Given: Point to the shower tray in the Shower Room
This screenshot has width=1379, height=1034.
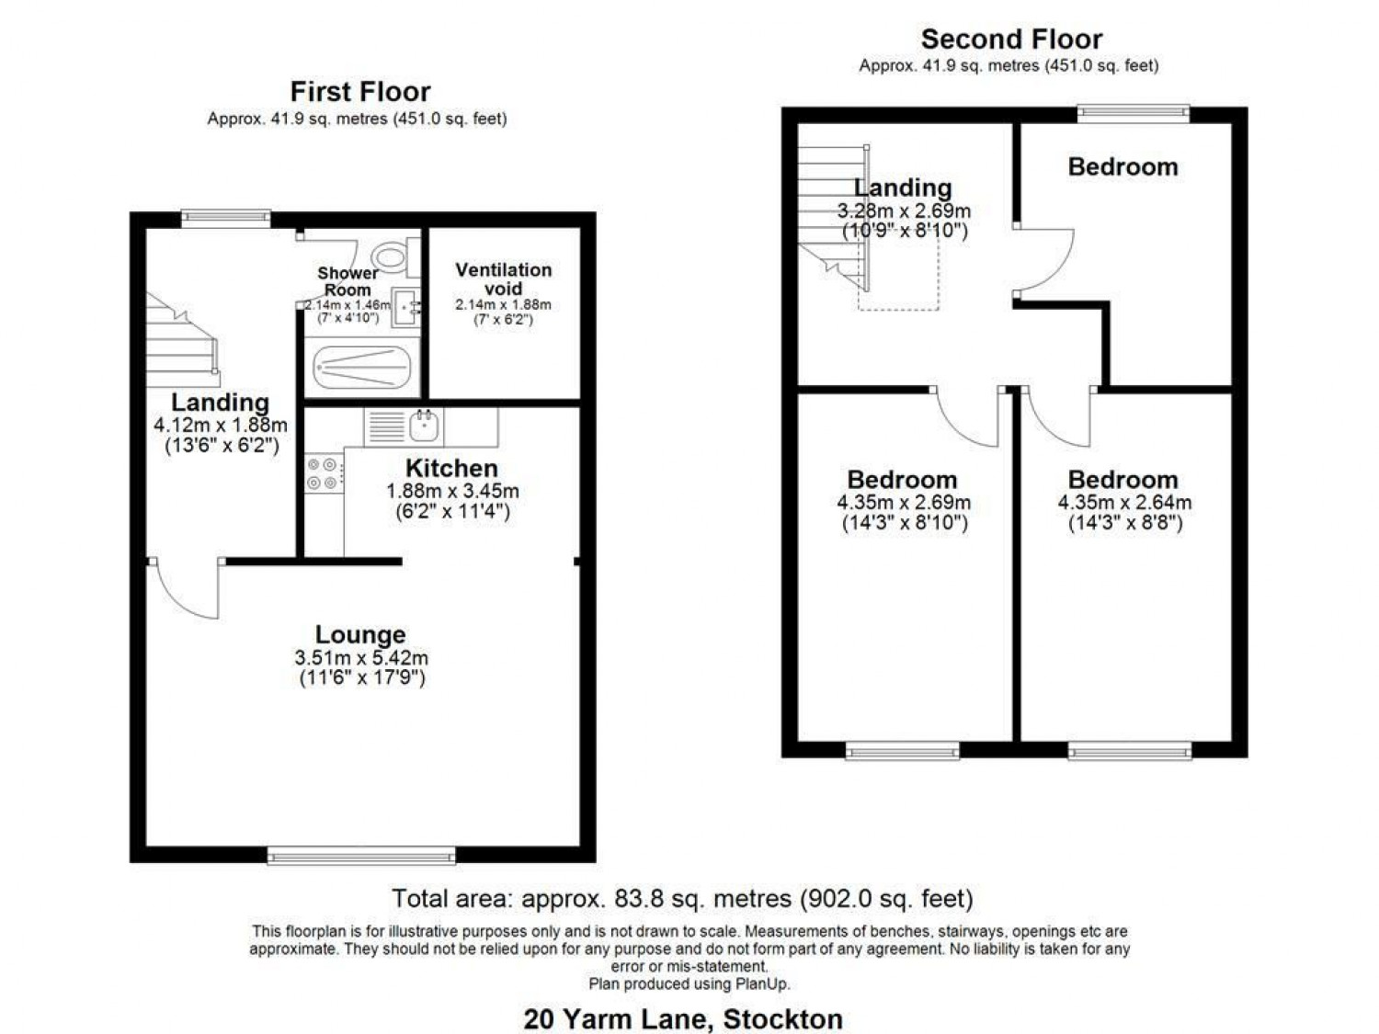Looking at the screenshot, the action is [362, 367].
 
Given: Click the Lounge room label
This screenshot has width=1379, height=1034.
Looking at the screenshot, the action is [360, 634].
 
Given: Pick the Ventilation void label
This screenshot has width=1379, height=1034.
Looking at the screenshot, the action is [503, 278].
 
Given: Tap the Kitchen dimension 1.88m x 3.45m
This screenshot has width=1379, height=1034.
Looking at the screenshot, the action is [452, 490].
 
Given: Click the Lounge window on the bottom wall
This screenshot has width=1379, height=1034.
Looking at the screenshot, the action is [361, 855].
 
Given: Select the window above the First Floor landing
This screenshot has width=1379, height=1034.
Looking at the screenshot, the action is [226, 217].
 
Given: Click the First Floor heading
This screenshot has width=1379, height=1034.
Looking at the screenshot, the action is [360, 92].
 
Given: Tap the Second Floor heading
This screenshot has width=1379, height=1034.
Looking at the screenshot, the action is [1011, 40].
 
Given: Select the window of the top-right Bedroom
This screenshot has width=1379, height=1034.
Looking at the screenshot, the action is [1134, 112].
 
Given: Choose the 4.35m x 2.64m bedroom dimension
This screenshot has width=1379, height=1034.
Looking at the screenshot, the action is [1124, 502].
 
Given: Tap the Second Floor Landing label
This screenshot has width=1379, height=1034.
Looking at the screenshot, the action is [903, 187].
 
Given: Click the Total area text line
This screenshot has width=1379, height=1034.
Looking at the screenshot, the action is [683, 898].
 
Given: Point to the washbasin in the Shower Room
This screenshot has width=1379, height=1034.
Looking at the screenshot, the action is [405, 308].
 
